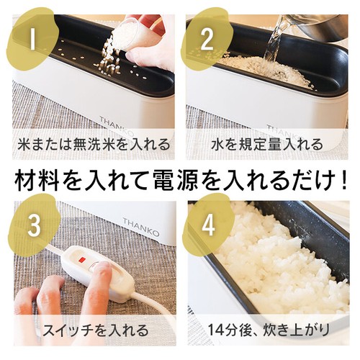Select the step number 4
(x=207, y=224)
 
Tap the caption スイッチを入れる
(x=92, y=331)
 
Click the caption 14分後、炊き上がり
(x=267, y=331)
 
